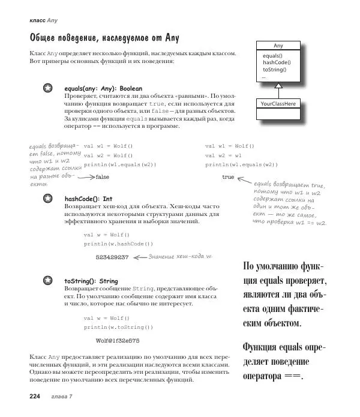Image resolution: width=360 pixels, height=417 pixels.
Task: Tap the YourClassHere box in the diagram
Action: (278, 104)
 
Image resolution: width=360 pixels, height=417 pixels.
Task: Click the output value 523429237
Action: (112, 257)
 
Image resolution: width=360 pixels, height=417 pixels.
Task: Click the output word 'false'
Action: (103, 177)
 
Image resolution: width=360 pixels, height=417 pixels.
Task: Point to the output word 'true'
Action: (228, 177)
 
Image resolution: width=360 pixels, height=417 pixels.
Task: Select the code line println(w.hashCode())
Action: (118, 244)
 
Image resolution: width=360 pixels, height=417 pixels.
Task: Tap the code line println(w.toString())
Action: (118, 327)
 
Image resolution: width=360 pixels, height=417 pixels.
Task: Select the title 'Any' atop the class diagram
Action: (278, 46)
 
